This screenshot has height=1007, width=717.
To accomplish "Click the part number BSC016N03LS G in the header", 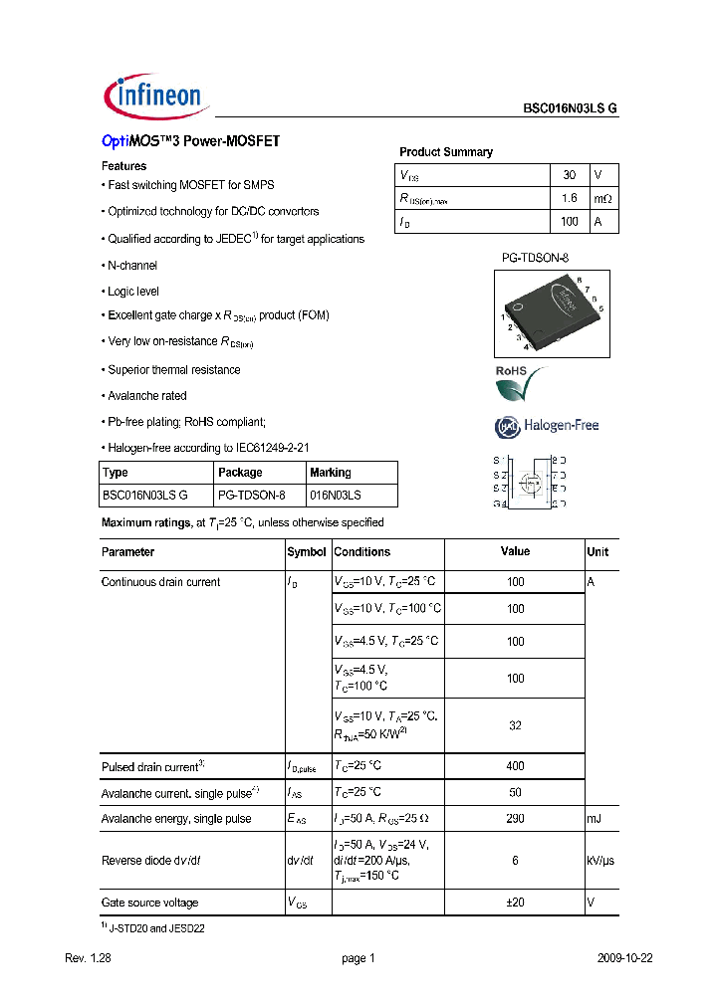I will tap(571, 111).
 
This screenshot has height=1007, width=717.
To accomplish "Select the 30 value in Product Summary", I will tap(570, 174).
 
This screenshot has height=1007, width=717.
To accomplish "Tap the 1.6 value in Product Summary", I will tap(570, 198).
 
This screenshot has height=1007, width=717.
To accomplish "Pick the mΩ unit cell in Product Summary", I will tap(602, 198).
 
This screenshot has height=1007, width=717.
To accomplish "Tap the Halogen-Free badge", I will tap(547, 426).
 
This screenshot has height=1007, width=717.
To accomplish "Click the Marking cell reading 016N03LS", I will tap(336, 495).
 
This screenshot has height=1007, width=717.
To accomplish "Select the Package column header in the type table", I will tap(240, 472).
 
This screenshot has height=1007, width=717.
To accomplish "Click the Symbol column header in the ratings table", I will tap(307, 551).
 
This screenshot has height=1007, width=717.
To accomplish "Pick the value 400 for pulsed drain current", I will tap(515, 765).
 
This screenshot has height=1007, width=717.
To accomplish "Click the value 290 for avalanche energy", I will tap(515, 818).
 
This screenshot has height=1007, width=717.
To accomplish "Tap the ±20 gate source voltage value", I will tap(515, 903).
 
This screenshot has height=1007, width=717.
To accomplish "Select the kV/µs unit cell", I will tap(600, 860).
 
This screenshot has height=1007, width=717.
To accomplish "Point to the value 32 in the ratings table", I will tap(515, 725).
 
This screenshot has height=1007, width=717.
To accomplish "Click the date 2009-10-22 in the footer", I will tap(624, 958).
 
